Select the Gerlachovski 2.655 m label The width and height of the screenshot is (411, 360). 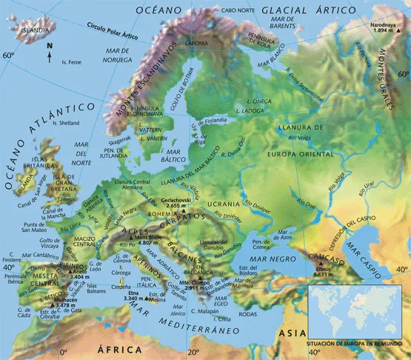176,203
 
